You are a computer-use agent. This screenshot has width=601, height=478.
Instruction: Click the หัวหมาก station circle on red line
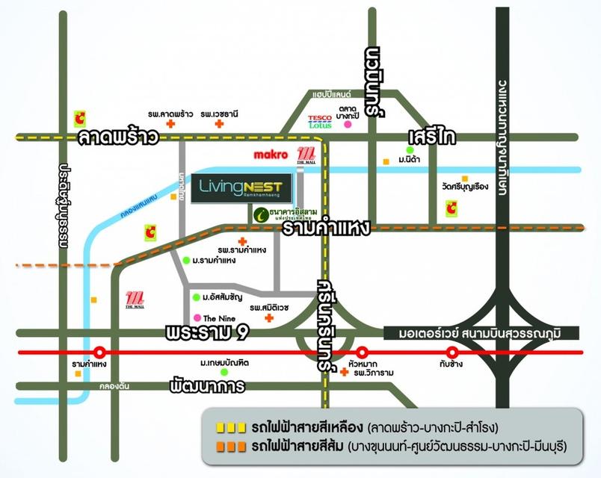363,352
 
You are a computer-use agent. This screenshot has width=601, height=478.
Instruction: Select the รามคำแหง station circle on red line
99,352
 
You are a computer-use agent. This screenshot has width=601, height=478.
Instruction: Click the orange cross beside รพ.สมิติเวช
269,318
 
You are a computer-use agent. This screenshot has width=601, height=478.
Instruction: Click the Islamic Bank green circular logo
260,214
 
